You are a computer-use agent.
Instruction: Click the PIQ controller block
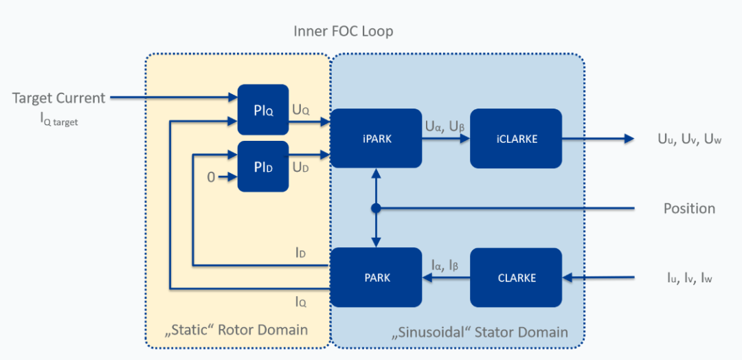tap(262, 110)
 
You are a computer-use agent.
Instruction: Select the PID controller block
tap(262, 166)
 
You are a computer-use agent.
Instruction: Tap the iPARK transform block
tap(376, 138)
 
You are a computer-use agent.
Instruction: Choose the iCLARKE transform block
tap(515, 138)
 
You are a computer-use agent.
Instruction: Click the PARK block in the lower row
tap(376, 278)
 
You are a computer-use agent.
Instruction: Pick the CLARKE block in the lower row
tap(515, 278)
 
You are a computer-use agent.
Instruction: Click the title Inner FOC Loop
tap(343, 32)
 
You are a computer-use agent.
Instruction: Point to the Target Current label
tap(59, 98)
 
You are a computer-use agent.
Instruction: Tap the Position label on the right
tap(689, 208)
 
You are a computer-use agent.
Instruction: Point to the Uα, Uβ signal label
tap(445, 126)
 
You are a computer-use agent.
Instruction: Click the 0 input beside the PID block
tap(212, 177)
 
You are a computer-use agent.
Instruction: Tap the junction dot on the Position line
tap(376, 207)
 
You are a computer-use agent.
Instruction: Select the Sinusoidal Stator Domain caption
tap(480, 333)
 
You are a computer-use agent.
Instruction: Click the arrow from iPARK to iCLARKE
tap(446, 139)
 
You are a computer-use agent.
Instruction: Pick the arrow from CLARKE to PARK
tap(446, 278)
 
